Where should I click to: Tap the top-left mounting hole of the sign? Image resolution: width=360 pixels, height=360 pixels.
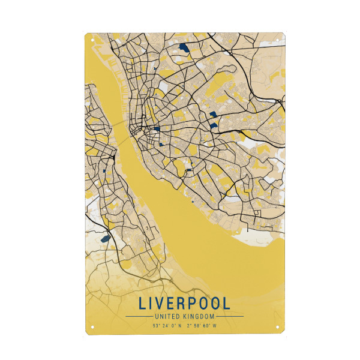(93, 40)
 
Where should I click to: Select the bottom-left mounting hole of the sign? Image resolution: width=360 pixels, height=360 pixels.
(93, 328)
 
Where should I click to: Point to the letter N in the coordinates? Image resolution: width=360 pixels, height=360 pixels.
(179, 326)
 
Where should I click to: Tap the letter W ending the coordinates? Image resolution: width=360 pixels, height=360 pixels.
(214, 326)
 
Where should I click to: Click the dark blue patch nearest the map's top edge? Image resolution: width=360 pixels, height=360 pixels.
(183, 46)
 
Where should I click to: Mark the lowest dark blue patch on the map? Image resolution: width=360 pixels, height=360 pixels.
(105, 239)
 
